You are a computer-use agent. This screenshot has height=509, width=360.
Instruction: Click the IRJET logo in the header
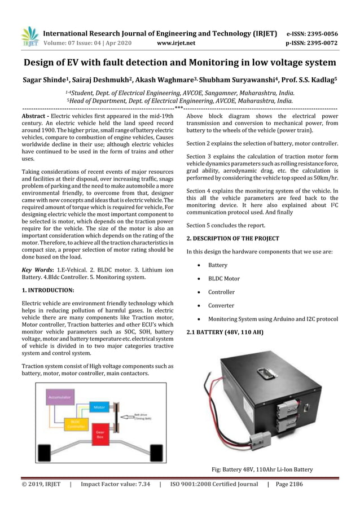pyautogui.click(x=29, y=36)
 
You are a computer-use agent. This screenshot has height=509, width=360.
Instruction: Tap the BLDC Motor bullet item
pyautogui.click(x=223, y=278)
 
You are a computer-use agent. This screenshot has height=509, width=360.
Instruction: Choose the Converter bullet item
pyautogui.click(x=221, y=305)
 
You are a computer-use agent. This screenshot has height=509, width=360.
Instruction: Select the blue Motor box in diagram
pyautogui.click(x=99, y=406)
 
